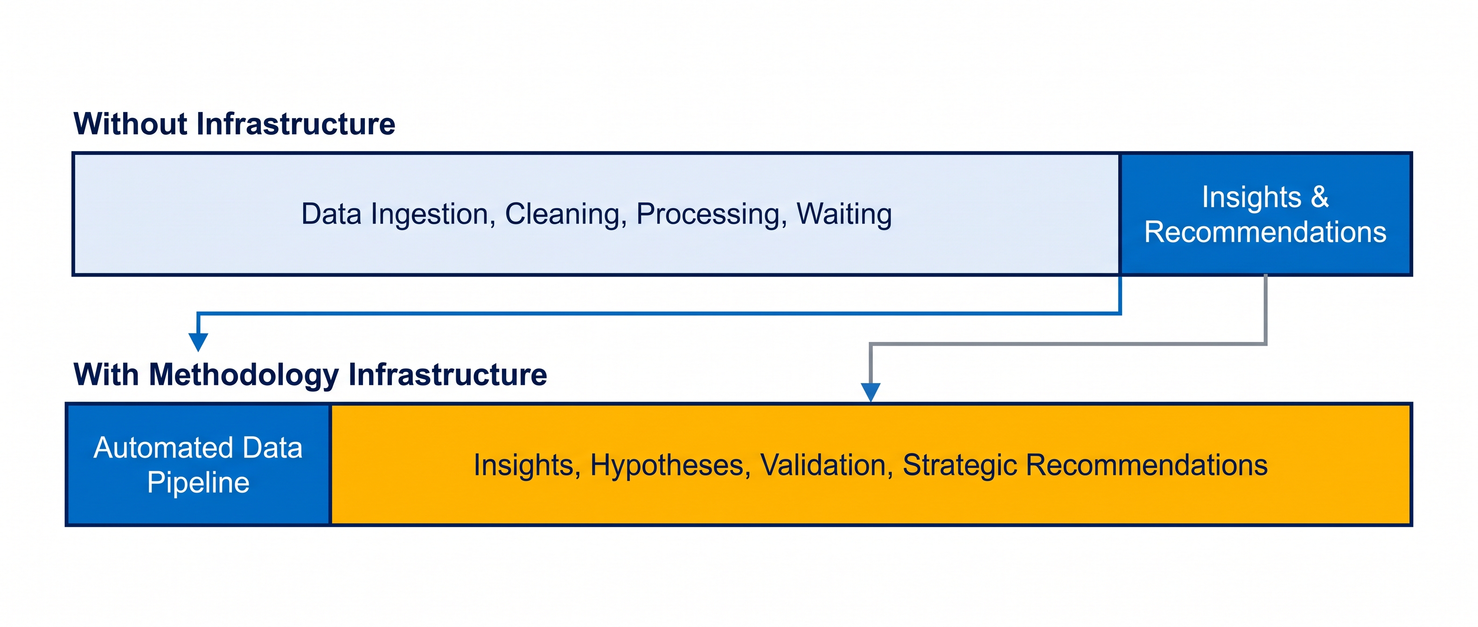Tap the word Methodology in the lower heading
coord(244,375)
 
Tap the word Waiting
coord(844,215)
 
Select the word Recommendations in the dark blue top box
coord(1265,232)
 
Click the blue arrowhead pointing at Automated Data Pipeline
coord(198,342)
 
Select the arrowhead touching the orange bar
coord(871,392)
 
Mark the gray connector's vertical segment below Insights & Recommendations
coord(1265,309)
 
